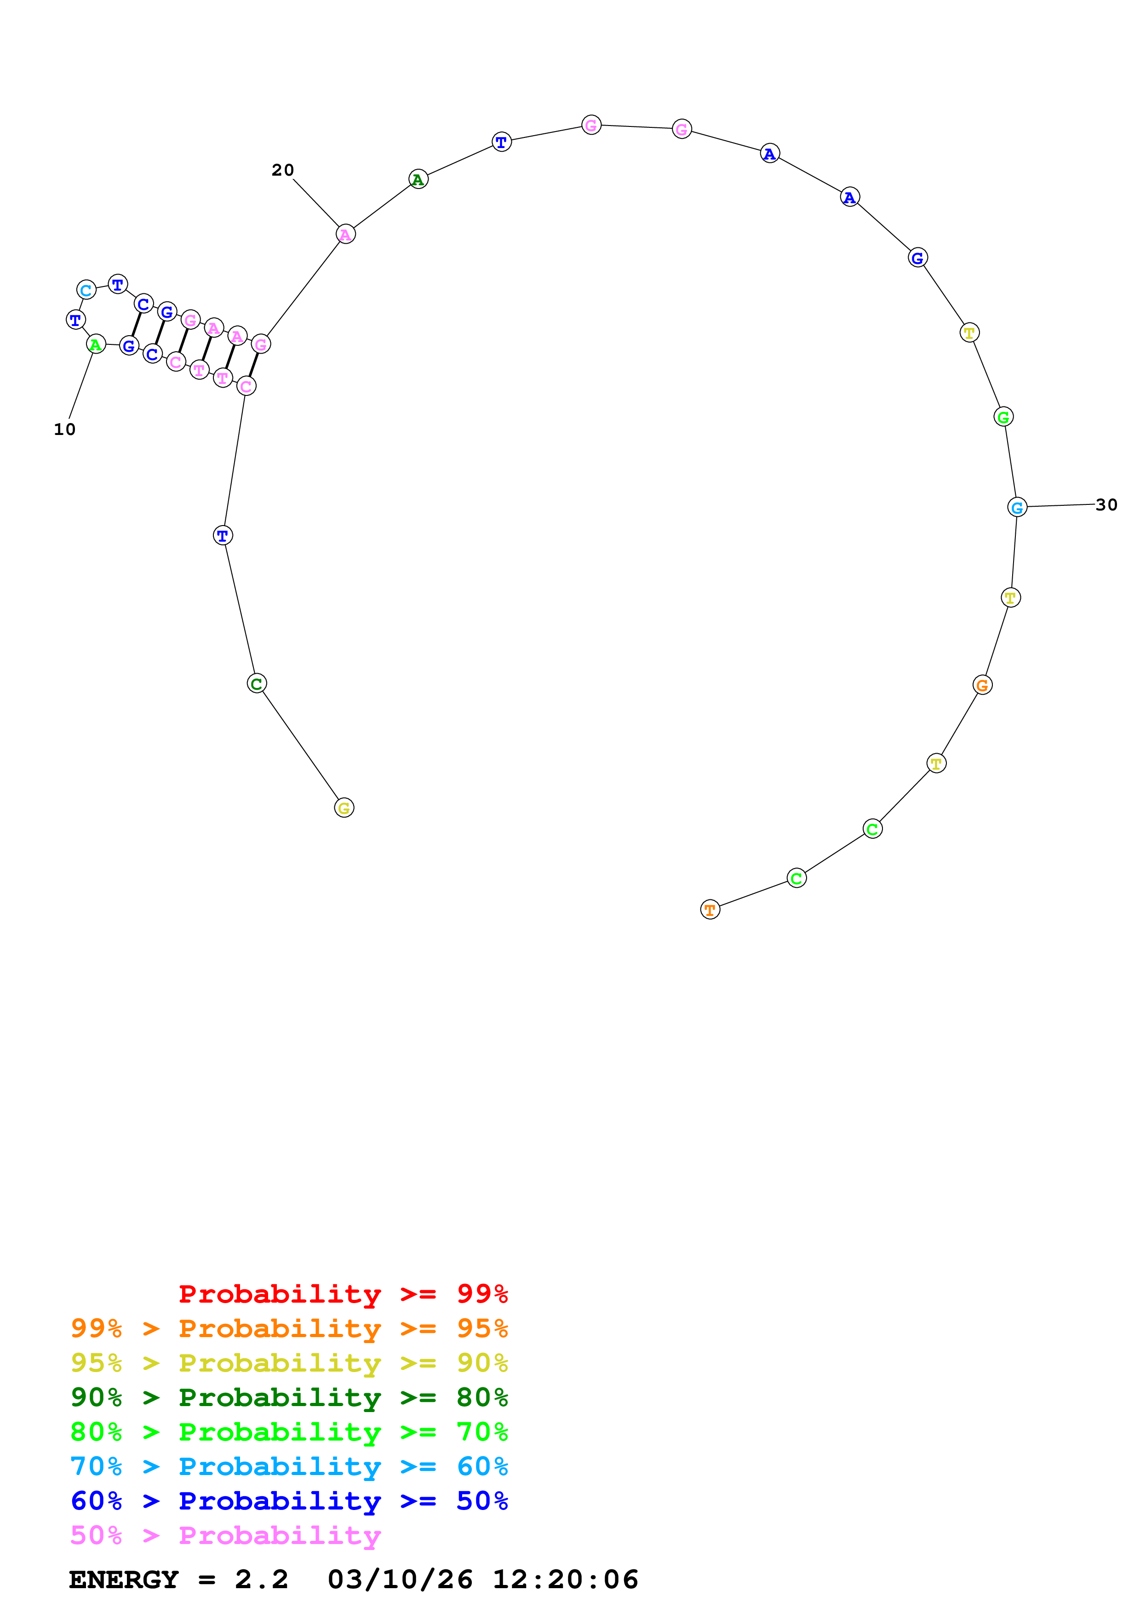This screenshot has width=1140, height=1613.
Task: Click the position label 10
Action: pyautogui.click(x=65, y=429)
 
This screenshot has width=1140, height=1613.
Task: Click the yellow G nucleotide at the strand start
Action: pyautogui.click(x=344, y=808)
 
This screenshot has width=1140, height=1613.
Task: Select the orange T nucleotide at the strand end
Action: pyautogui.click(x=710, y=910)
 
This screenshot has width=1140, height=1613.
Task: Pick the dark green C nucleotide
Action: pyautogui.click(x=257, y=684)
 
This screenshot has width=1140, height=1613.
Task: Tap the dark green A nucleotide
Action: pyautogui.click(x=418, y=180)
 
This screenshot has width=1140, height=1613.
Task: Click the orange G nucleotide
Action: pyautogui.click(x=983, y=685)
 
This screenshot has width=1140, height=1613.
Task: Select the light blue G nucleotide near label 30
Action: pyautogui.click(x=1017, y=507)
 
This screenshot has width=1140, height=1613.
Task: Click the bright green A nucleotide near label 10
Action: pyautogui.click(x=96, y=345)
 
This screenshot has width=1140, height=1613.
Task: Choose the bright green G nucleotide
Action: pyautogui.click(x=1004, y=418)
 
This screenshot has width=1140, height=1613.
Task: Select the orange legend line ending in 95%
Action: pyautogui.click(x=289, y=1328)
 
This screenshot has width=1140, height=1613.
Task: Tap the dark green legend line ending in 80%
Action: pyautogui.click(x=289, y=1397)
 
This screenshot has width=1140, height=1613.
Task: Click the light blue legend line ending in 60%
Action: pyautogui.click(x=289, y=1466)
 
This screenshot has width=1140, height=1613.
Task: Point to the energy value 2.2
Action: pyautogui.click(x=261, y=1579)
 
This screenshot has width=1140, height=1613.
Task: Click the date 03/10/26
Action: pyautogui.click(x=400, y=1579)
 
